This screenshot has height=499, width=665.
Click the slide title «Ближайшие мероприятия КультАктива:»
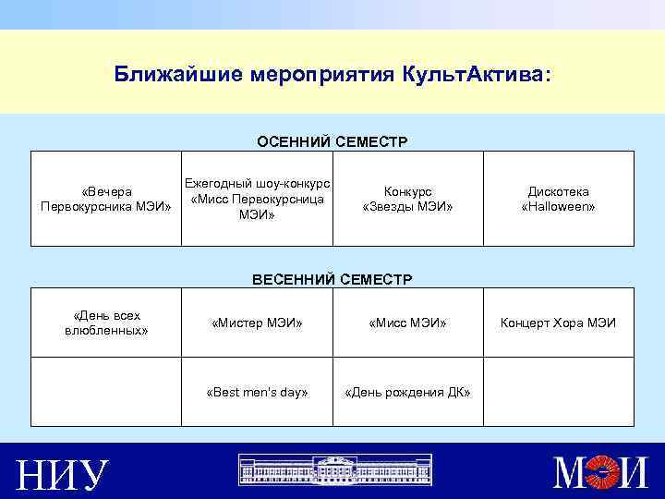pyautogui.click(x=332, y=73)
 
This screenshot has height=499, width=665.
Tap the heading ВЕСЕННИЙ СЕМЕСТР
pyautogui.click(x=332, y=278)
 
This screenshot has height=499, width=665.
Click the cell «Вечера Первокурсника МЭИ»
pyautogui.click(x=106, y=199)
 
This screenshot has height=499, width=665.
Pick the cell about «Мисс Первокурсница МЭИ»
pyautogui.click(x=257, y=199)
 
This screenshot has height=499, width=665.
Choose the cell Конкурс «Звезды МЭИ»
pyautogui.click(x=407, y=199)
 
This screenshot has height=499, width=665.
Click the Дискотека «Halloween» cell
pyautogui.click(x=558, y=199)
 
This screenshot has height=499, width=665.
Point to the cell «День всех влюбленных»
pyautogui.click(x=106, y=323)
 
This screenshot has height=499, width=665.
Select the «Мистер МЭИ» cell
pyautogui.click(x=257, y=323)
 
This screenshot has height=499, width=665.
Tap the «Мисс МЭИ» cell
pyautogui.click(x=407, y=323)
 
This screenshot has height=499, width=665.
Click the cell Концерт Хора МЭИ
pyautogui.click(x=558, y=323)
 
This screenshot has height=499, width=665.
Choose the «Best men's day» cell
pyautogui.click(x=257, y=392)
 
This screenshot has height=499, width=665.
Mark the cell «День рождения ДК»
pyautogui.click(x=407, y=392)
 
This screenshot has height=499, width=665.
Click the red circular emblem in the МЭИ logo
pyautogui.click(x=605, y=473)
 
